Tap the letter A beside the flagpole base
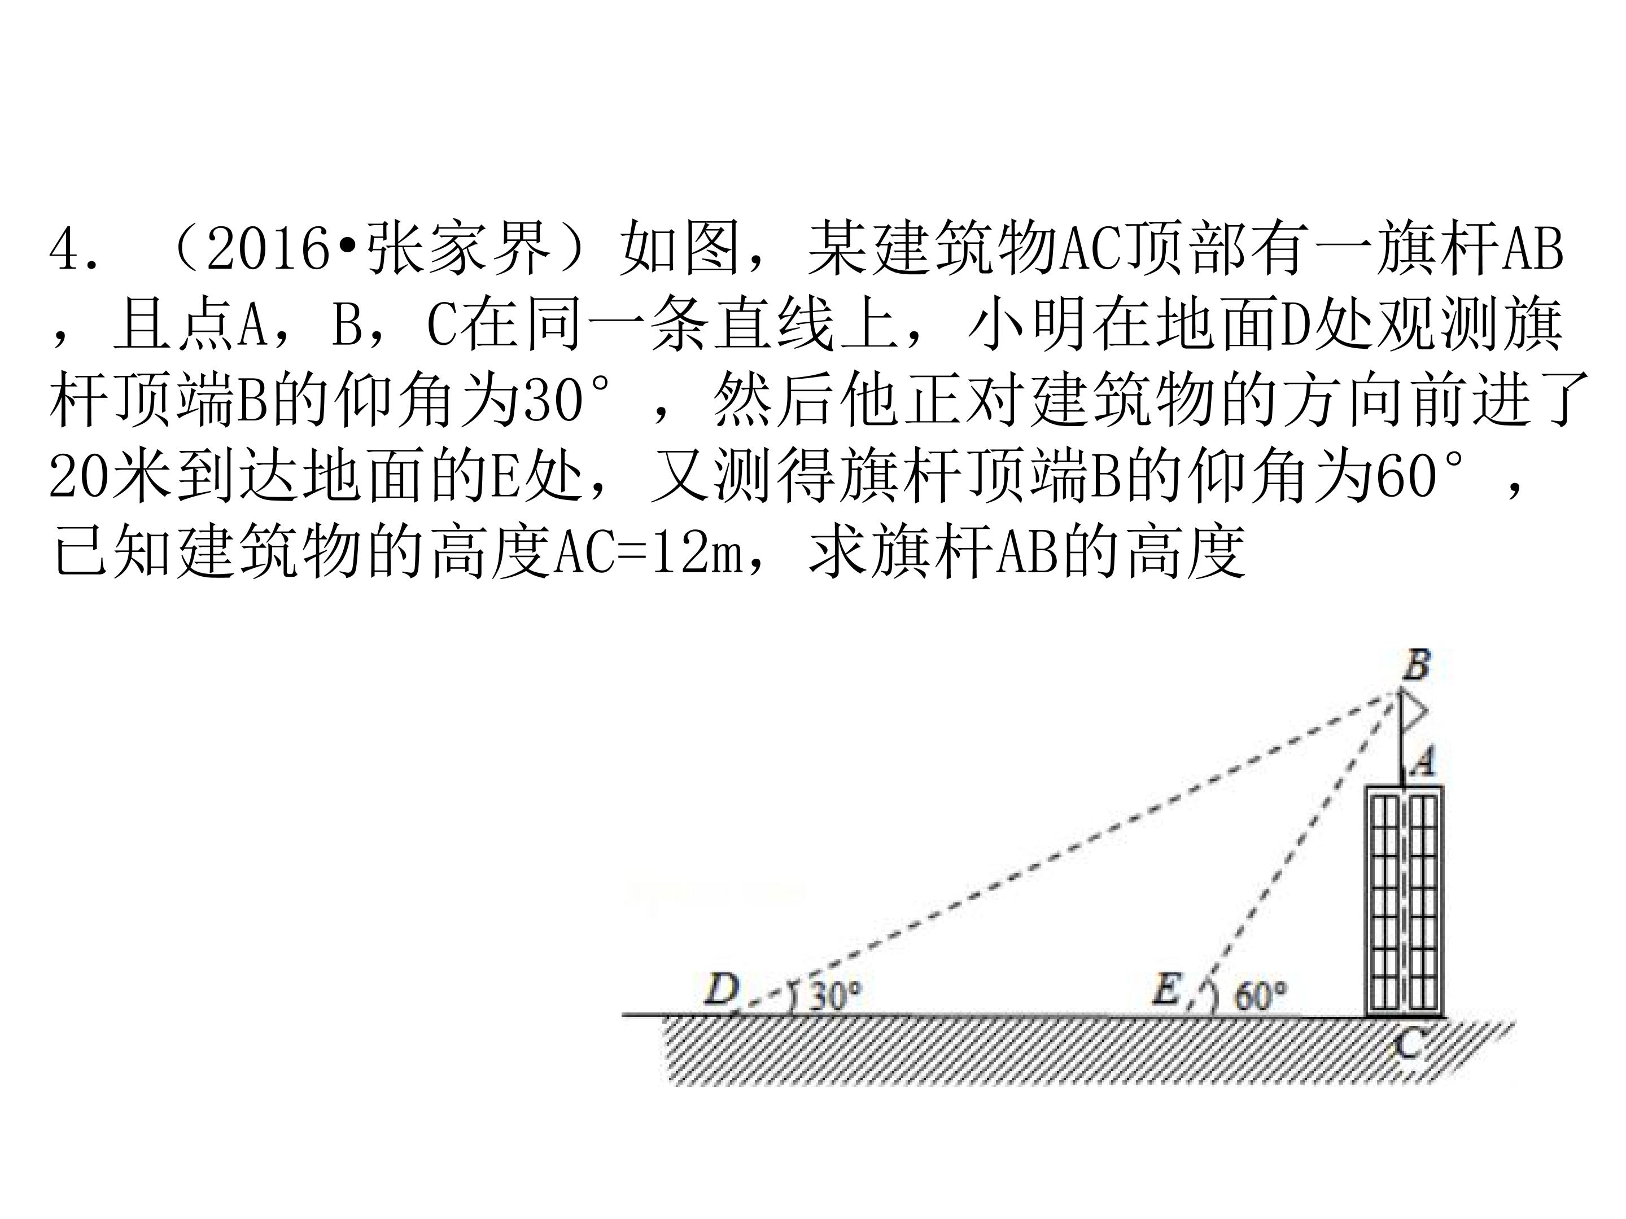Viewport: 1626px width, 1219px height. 1423,762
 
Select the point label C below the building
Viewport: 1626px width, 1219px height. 1408,1044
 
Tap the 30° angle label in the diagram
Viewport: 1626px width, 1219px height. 835,995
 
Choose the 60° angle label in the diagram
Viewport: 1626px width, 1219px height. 1260,995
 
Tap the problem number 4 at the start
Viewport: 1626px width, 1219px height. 66,248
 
